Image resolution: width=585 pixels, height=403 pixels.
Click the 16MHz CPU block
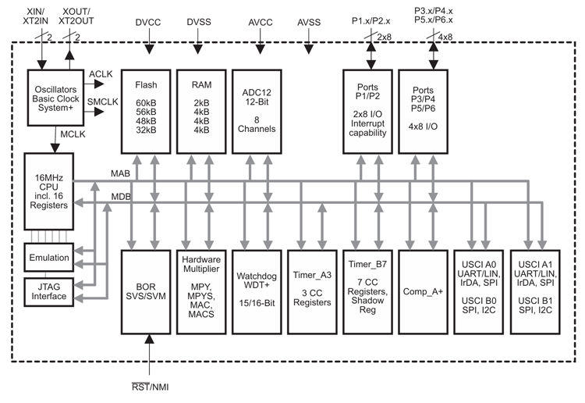pyautogui.click(x=49, y=191)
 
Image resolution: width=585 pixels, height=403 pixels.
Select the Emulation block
pyautogui.click(x=48, y=258)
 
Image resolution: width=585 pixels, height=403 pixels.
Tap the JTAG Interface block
pyautogui.click(x=48, y=291)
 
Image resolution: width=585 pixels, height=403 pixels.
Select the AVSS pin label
pyautogui.click(x=310, y=23)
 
